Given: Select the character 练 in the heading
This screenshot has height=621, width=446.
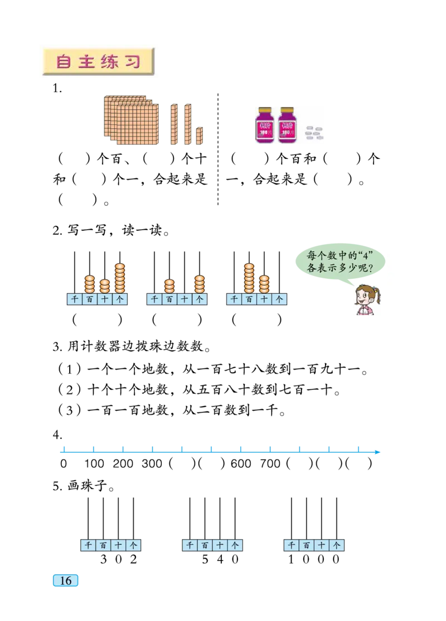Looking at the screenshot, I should tap(109, 61).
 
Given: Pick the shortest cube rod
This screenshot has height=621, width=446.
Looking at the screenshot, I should tap(200, 136).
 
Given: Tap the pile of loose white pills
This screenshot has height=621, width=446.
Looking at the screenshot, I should tap(314, 133).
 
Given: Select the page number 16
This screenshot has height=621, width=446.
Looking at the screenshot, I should tap(65, 580).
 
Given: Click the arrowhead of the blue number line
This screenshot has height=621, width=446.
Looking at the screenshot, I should tap(379, 453).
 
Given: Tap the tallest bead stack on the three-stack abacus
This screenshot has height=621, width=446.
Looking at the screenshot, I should tap(120, 278).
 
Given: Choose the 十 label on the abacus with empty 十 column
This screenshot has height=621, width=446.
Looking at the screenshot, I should tap(185, 299).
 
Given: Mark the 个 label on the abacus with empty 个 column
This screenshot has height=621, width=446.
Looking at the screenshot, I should tap(280, 299).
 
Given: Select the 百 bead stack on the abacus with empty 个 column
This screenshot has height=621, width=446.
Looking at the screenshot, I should tap(249, 278).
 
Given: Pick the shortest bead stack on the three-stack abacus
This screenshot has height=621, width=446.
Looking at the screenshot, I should tap(105, 286).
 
